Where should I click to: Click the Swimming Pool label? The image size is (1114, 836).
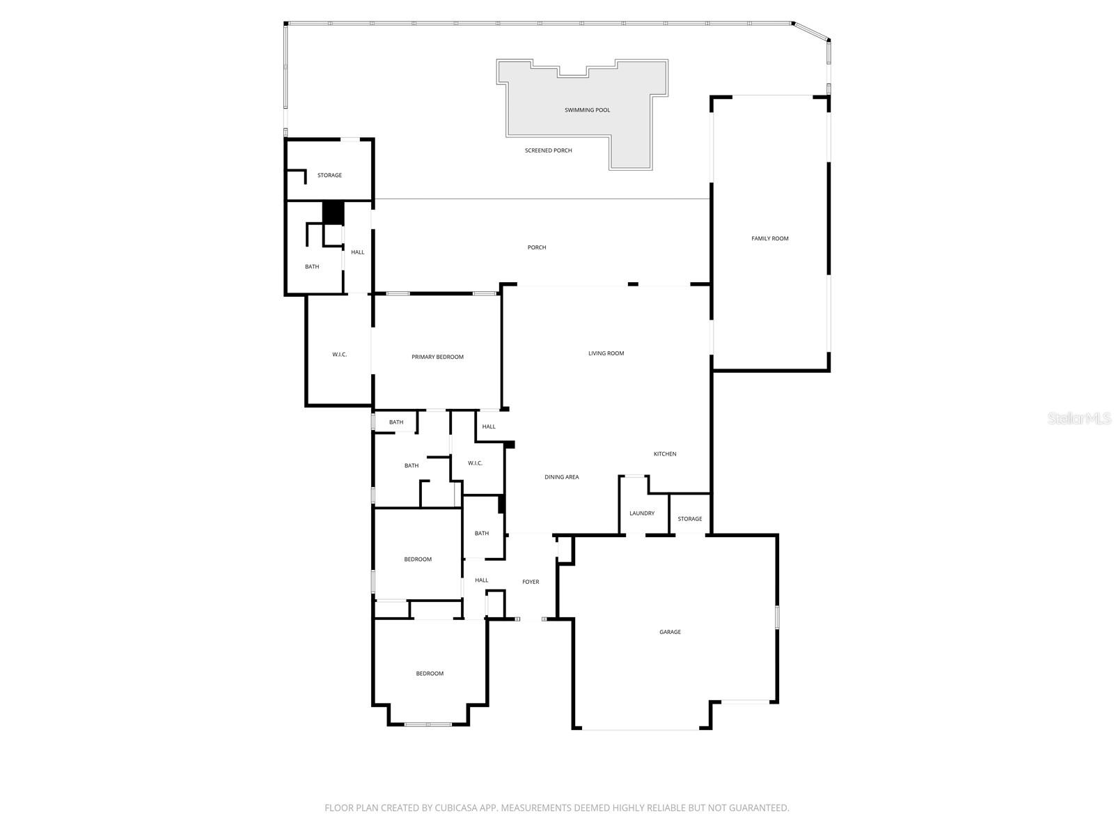tap(587, 110)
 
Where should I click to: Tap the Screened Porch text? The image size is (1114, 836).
tap(548, 150)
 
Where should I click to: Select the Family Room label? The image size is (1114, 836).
tap(769, 239)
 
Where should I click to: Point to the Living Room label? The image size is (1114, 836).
tap(606, 353)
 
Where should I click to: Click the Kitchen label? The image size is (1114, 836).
tap(664, 454)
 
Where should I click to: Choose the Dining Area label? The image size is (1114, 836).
tap(561, 477)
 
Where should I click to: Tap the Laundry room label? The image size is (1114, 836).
tap(641, 513)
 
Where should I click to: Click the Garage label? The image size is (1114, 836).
tap(670, 632)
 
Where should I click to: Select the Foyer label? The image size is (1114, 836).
tap(531, 582)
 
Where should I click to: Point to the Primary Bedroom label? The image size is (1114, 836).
tap(437, 357)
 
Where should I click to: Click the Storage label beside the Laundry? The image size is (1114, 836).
tap(689, 519)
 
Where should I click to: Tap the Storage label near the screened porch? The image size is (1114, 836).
tap(329, 176)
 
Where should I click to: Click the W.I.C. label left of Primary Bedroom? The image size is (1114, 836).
tap(339, 355)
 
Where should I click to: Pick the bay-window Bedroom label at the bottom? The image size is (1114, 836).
tap(430, 674)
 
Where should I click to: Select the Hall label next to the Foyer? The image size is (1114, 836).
tap(481, 580)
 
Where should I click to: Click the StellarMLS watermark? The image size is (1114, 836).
tap(1079, 418)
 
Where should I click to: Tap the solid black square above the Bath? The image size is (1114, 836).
tap(334, 212)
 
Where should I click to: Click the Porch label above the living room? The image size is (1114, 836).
tap(536, 247)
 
